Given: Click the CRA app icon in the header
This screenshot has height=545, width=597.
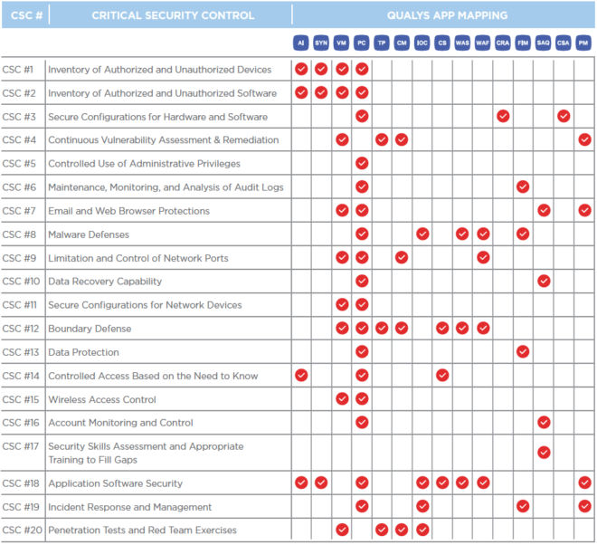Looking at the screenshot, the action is pos(503,43).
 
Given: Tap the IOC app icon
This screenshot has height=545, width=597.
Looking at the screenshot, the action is pos(422,43).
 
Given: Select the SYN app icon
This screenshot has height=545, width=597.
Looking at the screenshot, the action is pos(321,43).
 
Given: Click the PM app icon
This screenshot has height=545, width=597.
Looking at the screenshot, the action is pos(583,43).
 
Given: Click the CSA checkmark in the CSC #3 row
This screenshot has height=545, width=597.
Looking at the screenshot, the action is pos(564,116).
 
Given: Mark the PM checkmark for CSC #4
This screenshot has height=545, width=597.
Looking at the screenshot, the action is pos(584,139).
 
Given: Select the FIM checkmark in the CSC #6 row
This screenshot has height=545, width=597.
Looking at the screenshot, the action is pos(523,186).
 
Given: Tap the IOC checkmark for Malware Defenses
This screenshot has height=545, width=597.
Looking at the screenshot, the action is pos(422,234).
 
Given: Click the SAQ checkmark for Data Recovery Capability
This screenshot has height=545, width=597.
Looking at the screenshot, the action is pos(544,281).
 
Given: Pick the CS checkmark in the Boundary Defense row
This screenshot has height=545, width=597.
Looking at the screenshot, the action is pos(442,328).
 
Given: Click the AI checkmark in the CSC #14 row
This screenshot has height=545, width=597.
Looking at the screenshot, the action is pos(301,376).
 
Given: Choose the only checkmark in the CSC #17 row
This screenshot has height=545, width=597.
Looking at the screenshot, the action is pos(544,453).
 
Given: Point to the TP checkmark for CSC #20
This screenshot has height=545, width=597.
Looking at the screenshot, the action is pos(382,530).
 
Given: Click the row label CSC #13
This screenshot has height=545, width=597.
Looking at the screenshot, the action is pos(21,352).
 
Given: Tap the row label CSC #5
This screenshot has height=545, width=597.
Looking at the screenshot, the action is pos(19,164).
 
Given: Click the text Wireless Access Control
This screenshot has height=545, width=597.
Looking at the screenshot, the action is pos(102,399).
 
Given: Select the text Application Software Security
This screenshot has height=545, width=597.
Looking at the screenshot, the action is pos(116,483).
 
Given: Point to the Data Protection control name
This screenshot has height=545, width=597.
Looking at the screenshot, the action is pos(83,352).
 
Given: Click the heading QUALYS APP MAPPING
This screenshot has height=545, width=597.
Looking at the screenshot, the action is pos(447,15).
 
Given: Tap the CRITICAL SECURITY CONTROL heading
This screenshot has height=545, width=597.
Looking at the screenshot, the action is pos(173,15).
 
